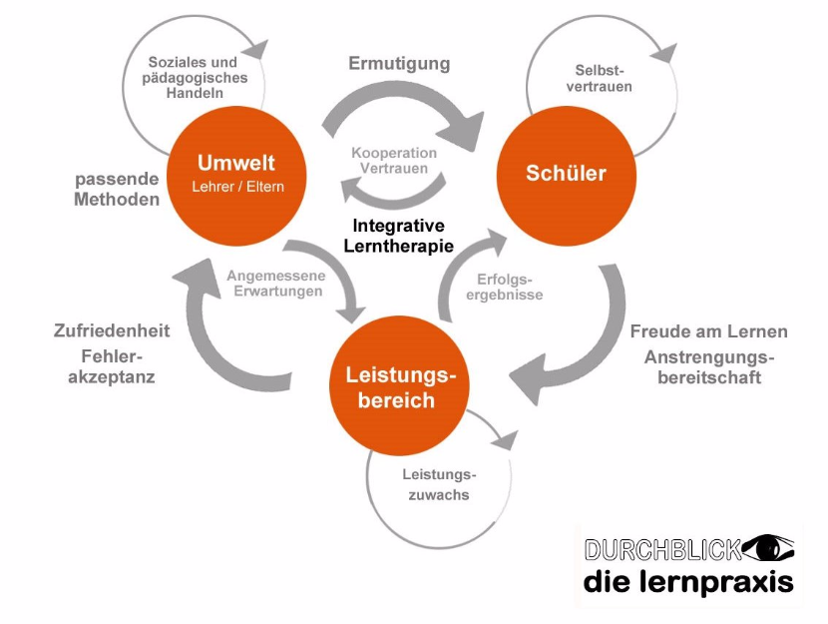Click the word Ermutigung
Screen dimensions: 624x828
click(399, 64)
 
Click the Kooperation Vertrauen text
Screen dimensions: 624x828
click(394, 162)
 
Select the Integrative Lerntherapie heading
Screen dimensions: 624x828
click(398, 236)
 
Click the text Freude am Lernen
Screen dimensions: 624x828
click(708, 331)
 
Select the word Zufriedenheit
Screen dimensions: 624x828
click(112, 330)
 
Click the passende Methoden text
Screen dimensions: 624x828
click(117, 190)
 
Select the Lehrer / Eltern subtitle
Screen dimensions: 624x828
click(235, 186)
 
